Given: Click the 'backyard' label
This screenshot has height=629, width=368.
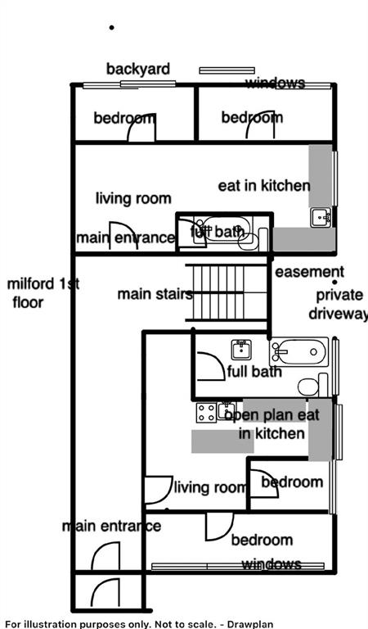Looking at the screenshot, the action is point(137,69).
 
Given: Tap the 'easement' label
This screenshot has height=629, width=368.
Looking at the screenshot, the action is point(309,272).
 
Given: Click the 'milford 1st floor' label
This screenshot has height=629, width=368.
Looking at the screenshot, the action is point(43,293).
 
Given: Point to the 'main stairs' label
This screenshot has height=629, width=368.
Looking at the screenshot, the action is point(155,294).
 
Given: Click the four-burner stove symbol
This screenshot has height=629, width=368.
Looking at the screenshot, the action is point(206,413).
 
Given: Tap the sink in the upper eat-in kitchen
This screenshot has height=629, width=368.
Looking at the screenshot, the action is point(321,217).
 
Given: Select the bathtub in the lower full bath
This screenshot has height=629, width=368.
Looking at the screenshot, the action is point(298,352).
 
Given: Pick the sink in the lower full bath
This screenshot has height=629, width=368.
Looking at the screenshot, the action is point(241,350).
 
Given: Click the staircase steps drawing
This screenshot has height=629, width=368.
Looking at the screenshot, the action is point(227,293).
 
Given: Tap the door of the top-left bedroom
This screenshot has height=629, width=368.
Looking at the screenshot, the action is point(141,127).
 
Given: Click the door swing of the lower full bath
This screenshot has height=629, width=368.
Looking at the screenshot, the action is point(211,366).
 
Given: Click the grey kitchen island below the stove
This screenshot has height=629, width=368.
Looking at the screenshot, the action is point(222,441).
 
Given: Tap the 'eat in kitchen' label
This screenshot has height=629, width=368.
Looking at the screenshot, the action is point(264,185).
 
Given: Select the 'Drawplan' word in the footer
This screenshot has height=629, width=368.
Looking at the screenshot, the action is point(253,624).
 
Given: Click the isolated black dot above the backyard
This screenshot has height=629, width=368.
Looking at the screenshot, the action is point(112,28).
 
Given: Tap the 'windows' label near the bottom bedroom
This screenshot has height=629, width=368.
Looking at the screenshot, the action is point(272,564).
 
